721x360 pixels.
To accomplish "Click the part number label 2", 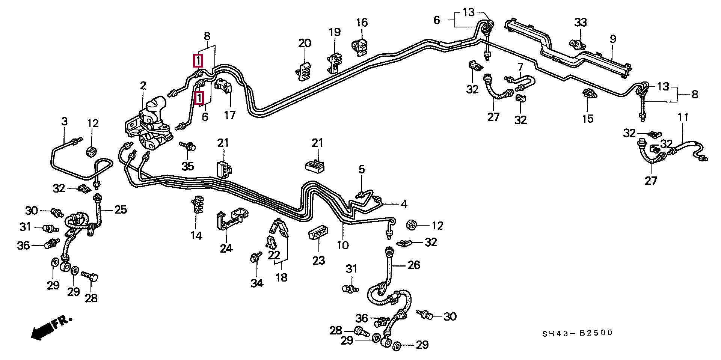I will (x=143, y=86).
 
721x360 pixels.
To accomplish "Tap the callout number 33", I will (x=580, y=23).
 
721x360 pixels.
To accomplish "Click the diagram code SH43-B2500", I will (x=577, y=333).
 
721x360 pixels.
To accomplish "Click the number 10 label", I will (x=342, y=245).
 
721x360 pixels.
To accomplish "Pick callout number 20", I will (x=305, y=43).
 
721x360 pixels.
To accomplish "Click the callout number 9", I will (x=613, y=39).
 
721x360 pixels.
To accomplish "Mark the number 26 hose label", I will (x=414, y=265).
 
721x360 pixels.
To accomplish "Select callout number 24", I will (x=226, y=248).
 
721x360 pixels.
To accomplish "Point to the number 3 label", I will (x=64, y=122).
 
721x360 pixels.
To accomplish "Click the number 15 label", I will (x=588, y=119).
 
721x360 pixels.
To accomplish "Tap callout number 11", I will (x=683, y=117).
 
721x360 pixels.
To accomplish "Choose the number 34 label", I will (x=257, y=283).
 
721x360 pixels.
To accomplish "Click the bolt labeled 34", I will (x=256, y=258).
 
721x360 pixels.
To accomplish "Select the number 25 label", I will (x=121, y=209).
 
